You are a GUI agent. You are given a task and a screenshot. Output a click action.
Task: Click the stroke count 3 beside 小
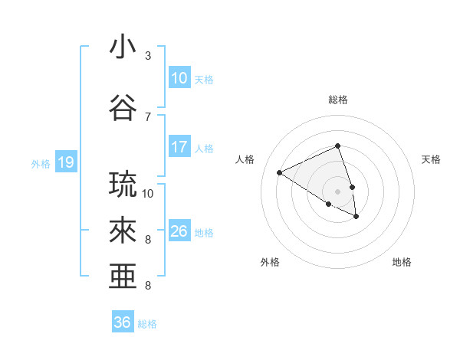[148, 56]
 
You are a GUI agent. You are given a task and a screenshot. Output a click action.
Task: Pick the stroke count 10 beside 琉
[148, 193]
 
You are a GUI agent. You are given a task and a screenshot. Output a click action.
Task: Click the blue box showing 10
[179, 78]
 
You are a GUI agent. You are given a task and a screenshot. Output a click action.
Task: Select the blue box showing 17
[179, 147]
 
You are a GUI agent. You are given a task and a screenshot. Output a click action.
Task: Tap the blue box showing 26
[179, 231]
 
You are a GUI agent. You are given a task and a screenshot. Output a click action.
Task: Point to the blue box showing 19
[65, 162]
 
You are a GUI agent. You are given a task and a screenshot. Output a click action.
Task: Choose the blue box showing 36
[123, 322]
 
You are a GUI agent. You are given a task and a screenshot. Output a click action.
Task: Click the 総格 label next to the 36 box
[147, 324]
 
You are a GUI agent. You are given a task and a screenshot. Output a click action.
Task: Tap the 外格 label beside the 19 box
[41, 163]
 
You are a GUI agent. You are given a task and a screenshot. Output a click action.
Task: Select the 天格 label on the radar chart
[431, 159]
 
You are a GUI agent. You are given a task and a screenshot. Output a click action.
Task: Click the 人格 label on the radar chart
[245, 159]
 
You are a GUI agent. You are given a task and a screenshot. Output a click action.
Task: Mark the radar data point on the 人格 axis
[280, 172]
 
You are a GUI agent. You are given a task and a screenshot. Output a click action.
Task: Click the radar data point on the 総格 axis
[338, 146]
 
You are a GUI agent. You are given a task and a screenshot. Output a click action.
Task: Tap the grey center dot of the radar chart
[338, 191]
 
